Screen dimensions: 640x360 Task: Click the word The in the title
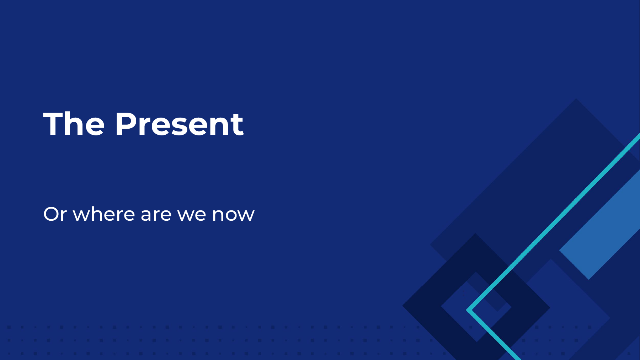(74, 124)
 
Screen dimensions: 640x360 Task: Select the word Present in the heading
(179, 124)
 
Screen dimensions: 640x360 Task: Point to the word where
(104, 214)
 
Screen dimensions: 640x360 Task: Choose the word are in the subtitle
(156, 215)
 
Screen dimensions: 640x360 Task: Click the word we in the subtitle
(192, 215)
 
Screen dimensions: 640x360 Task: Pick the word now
(233, 215)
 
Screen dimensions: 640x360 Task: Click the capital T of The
(53, 124)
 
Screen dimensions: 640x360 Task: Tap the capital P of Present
(127, 124)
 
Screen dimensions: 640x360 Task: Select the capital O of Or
(52, 214)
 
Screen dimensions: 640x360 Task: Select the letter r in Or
(64, 215)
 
